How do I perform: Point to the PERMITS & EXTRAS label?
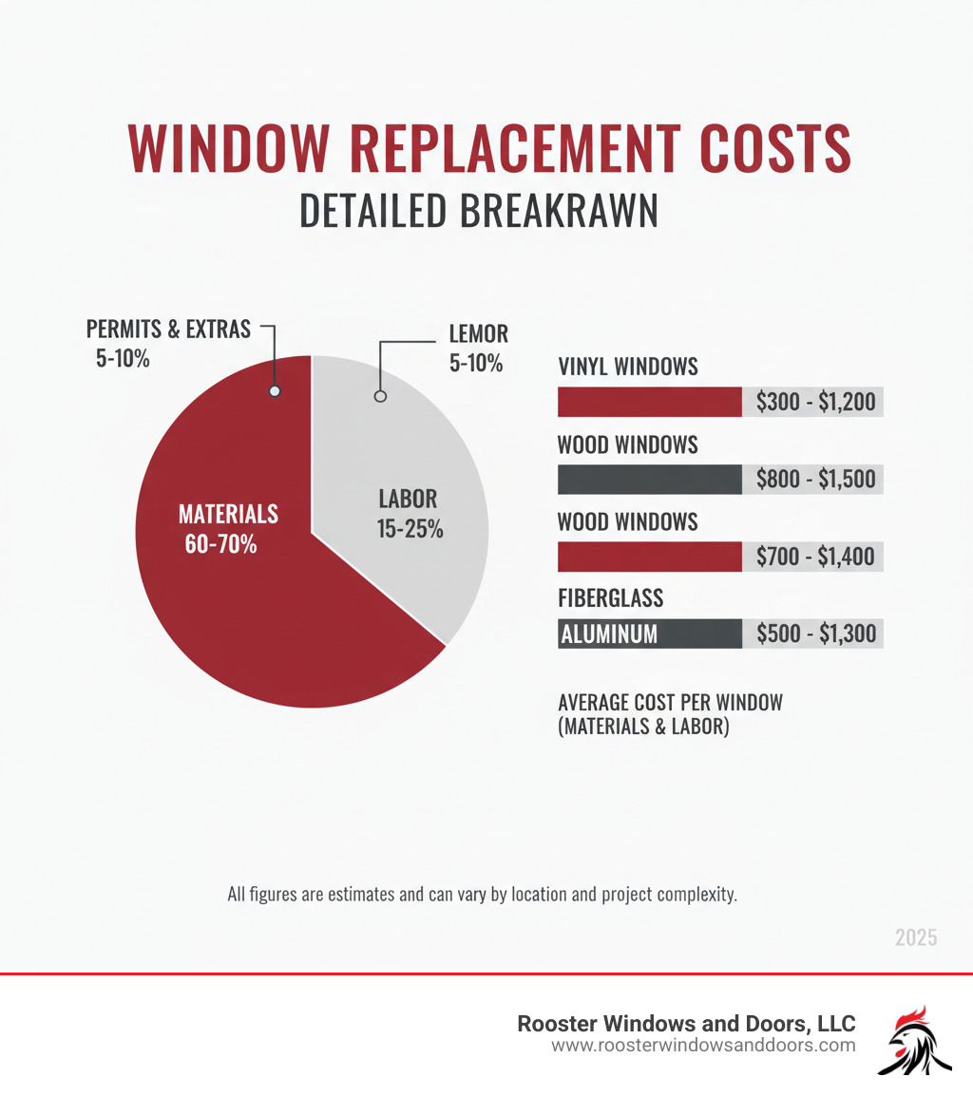168,330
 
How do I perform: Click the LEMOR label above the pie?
478,333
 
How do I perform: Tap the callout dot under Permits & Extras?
275,391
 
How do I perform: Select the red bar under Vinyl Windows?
649,403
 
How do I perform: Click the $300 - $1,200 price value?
815,403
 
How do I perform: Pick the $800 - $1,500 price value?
815,480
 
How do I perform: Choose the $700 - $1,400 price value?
815,557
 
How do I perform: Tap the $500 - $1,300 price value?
815,633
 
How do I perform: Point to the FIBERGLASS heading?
610,598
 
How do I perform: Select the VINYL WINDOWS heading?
627,367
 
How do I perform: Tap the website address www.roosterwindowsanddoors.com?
703,1046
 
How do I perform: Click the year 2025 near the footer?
915,937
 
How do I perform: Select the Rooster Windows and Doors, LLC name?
686,1023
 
